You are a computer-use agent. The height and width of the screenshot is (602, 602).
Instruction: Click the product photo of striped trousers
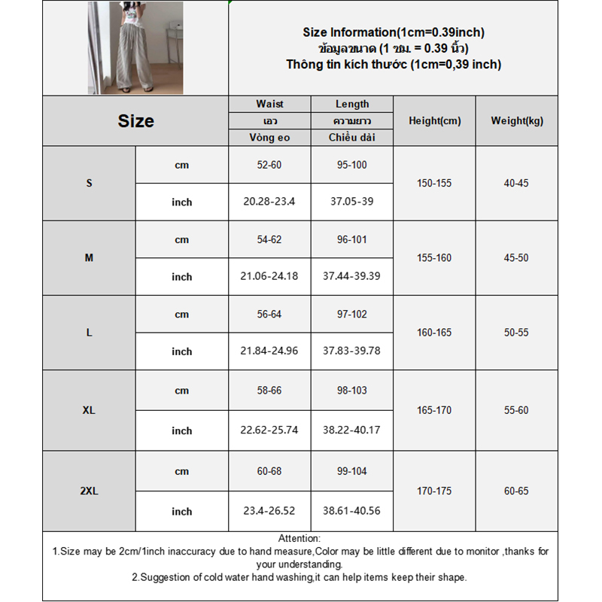point(135,48)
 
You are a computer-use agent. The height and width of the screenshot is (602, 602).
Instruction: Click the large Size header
point(135,121)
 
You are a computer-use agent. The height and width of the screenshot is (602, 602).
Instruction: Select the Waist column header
point(269,105)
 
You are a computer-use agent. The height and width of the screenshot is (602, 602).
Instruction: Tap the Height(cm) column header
point(434,121)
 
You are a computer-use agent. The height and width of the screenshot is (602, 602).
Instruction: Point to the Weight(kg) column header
point(517,121)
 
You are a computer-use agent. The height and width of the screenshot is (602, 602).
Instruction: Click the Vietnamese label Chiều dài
point(351,138)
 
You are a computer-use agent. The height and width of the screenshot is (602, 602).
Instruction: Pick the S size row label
point(89,184)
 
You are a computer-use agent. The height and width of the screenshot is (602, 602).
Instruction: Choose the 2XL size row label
point(89,491)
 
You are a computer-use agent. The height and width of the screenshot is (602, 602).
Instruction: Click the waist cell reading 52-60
point(269,165)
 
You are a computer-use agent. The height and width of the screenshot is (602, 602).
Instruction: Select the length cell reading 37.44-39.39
point(351,276)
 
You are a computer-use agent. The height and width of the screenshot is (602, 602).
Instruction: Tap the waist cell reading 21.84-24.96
point(269,351)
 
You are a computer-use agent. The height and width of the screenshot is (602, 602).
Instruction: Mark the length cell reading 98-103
point(351,390)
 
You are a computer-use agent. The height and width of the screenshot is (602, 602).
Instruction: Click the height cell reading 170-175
point(434,491)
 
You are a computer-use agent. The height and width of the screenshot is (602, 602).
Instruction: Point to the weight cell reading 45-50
point(517,258)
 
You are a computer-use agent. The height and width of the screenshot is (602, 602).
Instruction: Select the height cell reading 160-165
point(434,333)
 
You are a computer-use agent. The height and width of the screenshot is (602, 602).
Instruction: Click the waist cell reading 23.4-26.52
point(269,511)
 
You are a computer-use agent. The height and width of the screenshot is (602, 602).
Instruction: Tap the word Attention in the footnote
point(299,539)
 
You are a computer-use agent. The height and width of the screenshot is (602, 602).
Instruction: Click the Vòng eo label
point(269,138)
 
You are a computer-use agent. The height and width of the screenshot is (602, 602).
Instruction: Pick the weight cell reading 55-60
point(517,411)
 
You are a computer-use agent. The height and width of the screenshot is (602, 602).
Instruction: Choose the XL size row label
point(89,411)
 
